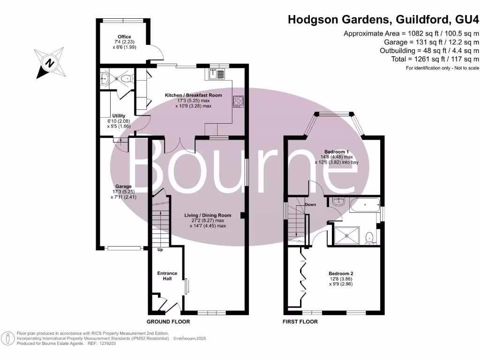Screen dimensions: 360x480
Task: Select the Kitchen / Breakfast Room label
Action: click(x=193, y=96)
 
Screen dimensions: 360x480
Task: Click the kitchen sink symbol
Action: click(x=217, y=74)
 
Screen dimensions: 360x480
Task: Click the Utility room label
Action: click(x=119, y=116)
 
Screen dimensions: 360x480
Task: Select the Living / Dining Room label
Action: click(x=207, y=215)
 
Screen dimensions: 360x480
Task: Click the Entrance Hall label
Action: click(x=167, y=276)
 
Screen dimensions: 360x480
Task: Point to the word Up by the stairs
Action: click(x=160, y=250)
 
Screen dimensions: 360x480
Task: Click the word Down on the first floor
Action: click(x=310, y=205)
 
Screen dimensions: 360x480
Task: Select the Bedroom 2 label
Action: click(x=341, y=274)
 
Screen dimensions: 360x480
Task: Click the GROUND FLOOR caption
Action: click(x=168, y=322)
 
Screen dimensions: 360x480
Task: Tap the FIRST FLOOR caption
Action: click(x=300, y=322)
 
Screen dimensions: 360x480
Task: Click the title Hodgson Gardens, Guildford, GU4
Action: click(x=383, y=20)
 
